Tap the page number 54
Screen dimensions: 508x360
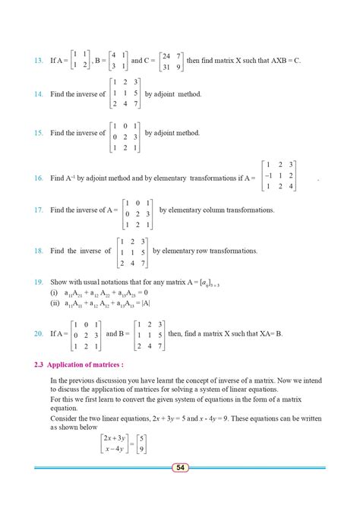pyautogui.click(x=180, y=467)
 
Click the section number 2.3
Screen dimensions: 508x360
pyautogui.click(x=40, y=364)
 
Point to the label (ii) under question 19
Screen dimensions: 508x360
pyautogui.click(x=55, y=303)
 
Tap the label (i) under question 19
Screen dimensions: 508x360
pyautogui.click(x=54, y=292)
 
